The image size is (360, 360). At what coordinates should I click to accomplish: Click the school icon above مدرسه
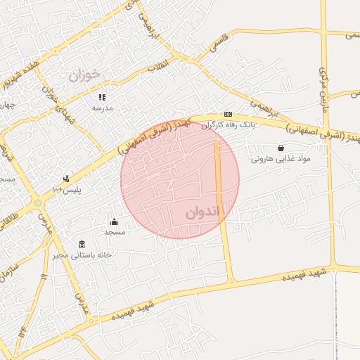[102, 97]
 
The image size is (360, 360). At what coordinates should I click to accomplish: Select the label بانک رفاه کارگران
[228, 125]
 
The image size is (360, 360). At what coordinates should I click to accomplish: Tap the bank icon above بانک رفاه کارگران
[228, 114]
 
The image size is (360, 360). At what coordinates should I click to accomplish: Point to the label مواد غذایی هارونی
[281, 160]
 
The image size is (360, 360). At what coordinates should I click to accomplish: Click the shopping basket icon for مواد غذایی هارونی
[281, 148]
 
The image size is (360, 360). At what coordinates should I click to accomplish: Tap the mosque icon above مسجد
[114, 222]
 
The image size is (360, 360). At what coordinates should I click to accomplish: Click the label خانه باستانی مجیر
[83, 255]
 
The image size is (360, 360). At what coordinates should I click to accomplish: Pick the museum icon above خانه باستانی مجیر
[82, 243]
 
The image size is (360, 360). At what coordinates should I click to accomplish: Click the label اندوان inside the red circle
[203, 212]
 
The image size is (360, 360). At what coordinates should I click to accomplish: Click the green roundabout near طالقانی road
[37, 202]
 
